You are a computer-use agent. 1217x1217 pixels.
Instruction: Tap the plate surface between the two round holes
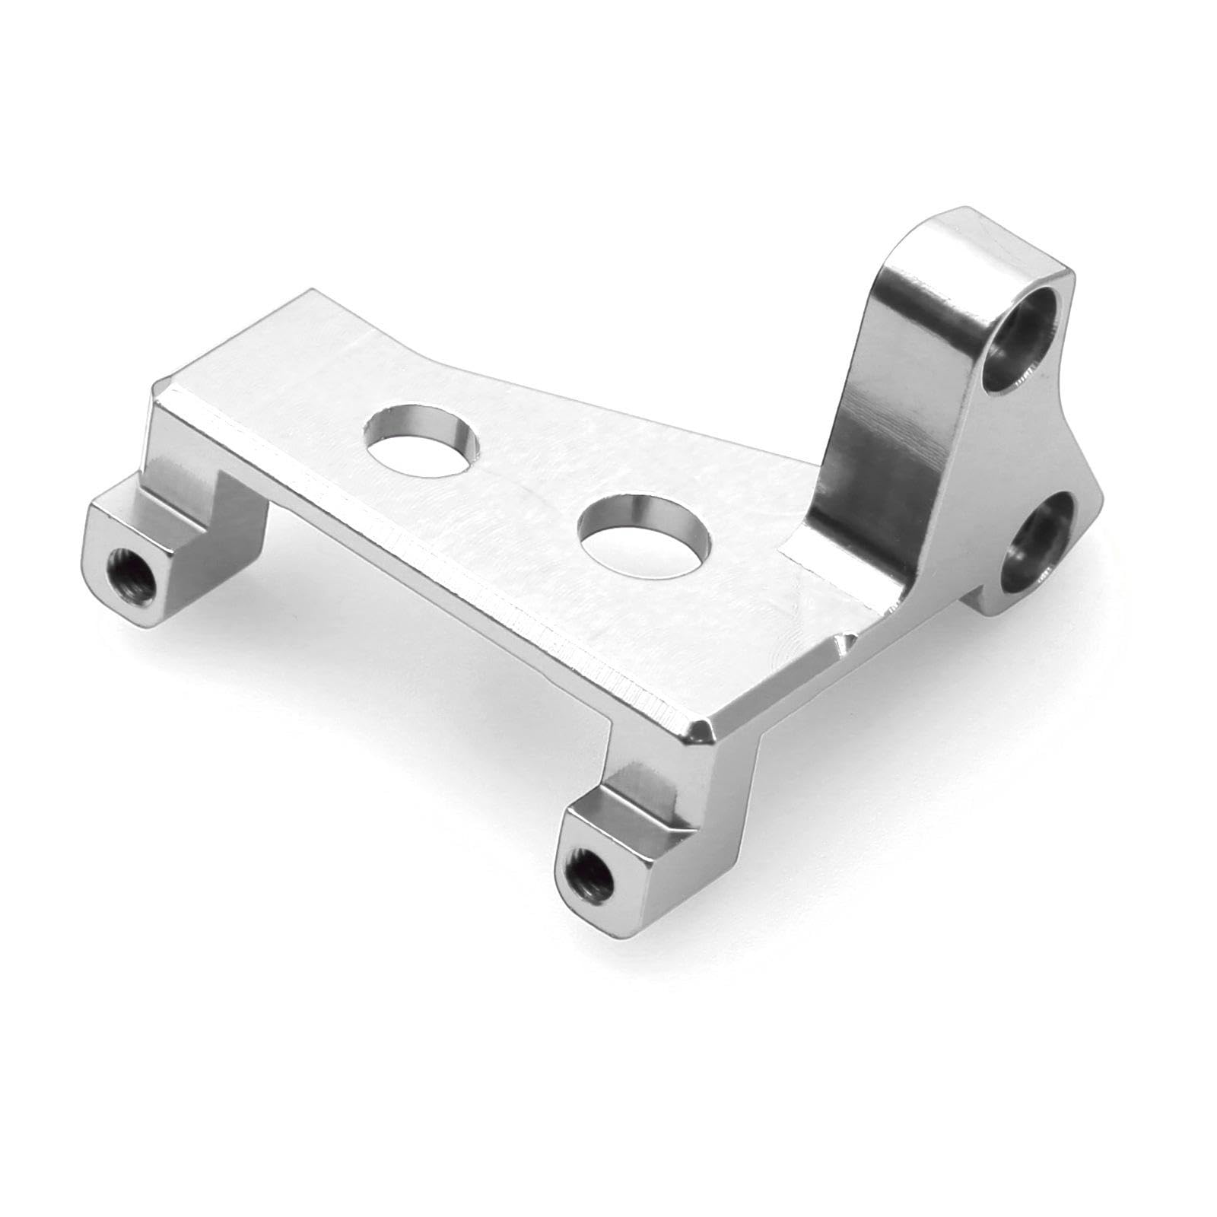[x=532, y=487]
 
